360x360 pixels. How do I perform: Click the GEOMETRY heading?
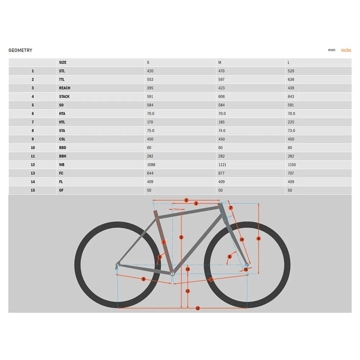[x=20, y=50]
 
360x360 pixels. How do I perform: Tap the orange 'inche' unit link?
[x=346, y=50]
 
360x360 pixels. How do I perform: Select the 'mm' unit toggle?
[x=331, y=50]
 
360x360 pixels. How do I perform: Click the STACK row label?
[x=64, y=96]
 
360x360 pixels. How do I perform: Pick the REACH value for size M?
[x=221, y=88]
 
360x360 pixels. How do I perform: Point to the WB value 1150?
[x=292, y=165]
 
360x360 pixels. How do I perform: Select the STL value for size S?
[x=150, y=71]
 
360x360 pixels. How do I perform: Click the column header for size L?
[x=288, y=63]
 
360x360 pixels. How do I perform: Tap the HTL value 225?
[x=291, y=122]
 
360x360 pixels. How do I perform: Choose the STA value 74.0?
[x=222, y=130]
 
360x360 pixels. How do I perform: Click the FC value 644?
[x=150, y=173]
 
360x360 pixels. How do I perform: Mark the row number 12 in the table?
[x=33, y=165]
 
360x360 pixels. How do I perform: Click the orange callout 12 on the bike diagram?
[x=198, y=308]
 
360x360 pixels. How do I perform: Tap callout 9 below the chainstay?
[x=144, y=279]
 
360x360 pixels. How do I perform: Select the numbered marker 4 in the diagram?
[x=258, y=238]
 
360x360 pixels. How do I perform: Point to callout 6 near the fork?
[x=229, y=256]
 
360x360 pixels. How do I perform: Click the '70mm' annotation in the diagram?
[x=177, y=209]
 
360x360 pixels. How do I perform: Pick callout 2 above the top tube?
[x=186, y=200]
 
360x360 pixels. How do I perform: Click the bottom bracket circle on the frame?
[x=172, y=274]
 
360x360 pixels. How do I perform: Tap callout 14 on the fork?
[x=242, y=239]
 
